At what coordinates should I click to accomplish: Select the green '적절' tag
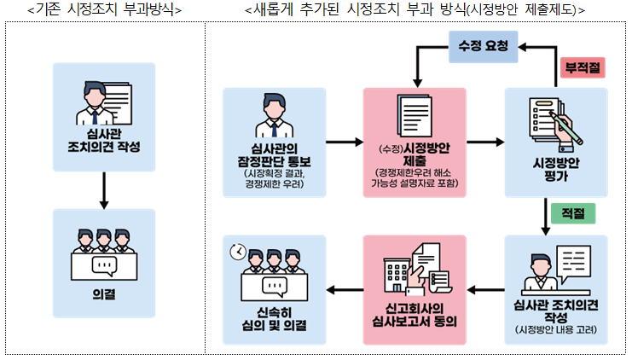(572, 212)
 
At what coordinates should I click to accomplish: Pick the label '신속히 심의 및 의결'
(274, 317)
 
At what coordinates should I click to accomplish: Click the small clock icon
(237, 252)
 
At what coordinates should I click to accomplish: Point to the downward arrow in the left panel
(103, 189)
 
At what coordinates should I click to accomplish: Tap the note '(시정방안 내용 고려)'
(556, 329)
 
